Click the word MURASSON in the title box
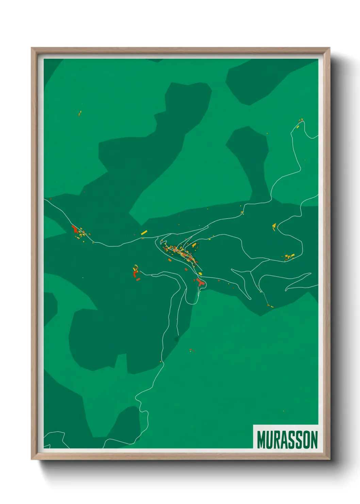coord(287,439)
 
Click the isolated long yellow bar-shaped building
coord(144,233)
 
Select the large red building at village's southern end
coord(200,282)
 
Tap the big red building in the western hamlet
coord(75,228)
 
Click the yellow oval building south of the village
coord(200,273)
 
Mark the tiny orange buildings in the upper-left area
coord(80,113)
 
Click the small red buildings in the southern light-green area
coord(191,350)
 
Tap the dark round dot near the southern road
coord(176,339)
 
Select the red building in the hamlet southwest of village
coord(135,273)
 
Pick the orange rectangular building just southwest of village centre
coord(169,260)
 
